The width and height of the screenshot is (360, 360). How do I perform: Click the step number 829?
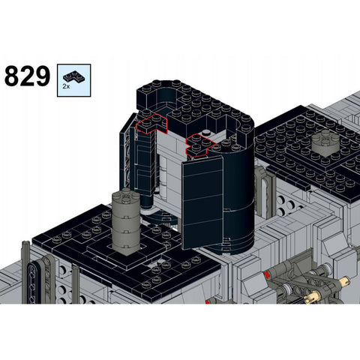point(27,76)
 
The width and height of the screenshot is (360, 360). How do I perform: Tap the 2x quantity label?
point(66,86)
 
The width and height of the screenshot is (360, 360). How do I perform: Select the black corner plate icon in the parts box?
point(73,76)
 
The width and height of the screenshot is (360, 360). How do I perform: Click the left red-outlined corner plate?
point(151,124)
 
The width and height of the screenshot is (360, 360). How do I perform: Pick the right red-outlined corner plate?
point(200,145)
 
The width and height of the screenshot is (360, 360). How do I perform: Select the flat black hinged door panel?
point(202,202)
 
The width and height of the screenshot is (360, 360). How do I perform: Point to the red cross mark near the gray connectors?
point(268,274)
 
